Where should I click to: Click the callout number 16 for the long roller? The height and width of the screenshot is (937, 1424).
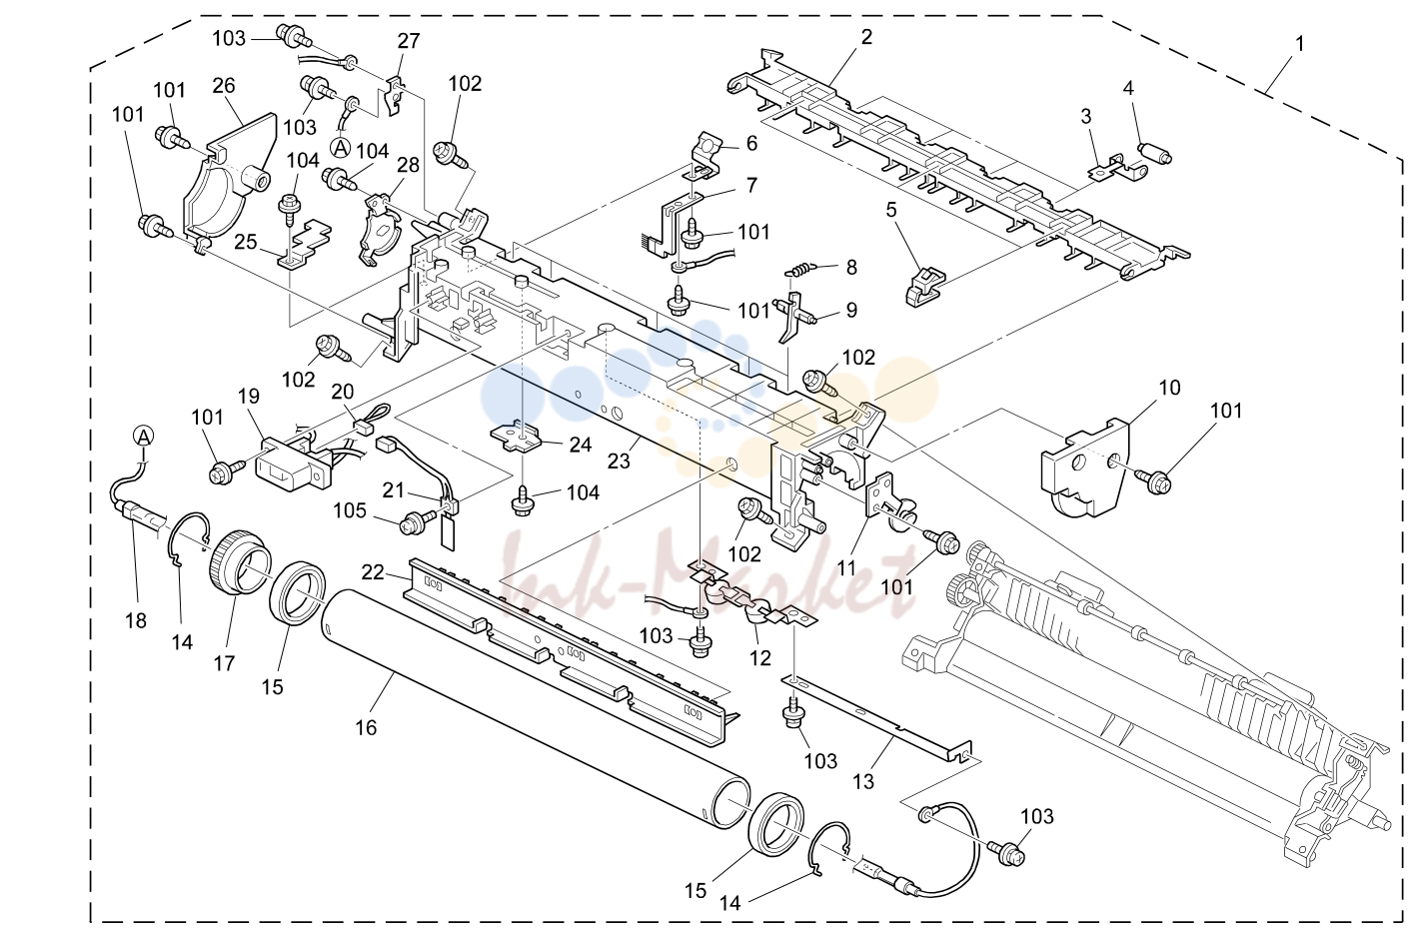366,727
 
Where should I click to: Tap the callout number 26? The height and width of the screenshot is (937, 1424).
224,85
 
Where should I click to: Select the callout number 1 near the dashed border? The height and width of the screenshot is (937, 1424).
1300,44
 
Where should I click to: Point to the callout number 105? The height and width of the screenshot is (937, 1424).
351,511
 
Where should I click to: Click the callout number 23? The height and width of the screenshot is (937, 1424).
619,461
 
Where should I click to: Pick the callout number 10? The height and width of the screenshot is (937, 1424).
1170,388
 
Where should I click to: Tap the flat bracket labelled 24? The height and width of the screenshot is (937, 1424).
517,438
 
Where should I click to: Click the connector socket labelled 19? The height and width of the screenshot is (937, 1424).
293,463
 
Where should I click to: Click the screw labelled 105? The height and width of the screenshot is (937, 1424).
415,524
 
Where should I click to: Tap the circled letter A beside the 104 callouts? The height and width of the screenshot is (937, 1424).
341,148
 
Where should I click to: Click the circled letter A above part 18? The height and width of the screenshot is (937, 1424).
144,437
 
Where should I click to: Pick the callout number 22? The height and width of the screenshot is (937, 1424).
373,572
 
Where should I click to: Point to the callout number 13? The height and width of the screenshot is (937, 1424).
863,781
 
